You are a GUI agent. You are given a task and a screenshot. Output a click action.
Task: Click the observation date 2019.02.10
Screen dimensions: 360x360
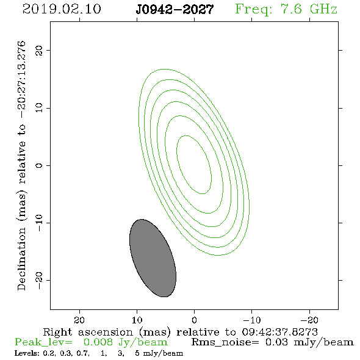62,9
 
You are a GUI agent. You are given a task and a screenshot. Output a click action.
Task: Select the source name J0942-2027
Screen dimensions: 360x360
175,10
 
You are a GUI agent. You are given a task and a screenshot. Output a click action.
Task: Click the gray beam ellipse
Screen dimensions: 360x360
153,258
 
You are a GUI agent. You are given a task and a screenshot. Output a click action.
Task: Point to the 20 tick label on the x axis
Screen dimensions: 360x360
79,320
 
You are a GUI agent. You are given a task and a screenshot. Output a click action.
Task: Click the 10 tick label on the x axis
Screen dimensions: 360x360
137,320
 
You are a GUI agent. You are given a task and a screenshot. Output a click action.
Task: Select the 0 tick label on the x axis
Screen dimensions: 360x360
194,320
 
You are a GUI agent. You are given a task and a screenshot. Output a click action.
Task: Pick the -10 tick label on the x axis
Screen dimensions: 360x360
252,320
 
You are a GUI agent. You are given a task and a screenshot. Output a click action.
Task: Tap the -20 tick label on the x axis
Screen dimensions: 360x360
309,320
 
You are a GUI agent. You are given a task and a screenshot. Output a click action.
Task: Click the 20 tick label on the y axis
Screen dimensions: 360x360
39,50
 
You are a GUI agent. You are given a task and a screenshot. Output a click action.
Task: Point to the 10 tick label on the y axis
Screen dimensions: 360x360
39,108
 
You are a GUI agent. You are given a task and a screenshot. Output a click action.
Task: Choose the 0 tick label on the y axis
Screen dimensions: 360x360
39,165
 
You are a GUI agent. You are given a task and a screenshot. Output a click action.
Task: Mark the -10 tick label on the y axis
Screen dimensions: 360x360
39,223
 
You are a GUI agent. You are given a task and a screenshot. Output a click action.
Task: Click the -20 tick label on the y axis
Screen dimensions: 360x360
39,280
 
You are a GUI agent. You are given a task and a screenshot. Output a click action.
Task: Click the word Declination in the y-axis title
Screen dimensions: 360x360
21,259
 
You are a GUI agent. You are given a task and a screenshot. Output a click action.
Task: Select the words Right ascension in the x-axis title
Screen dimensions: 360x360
88,332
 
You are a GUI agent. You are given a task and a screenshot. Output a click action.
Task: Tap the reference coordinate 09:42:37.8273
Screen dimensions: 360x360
279,332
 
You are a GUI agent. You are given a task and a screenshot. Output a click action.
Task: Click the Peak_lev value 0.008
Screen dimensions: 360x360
98,342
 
